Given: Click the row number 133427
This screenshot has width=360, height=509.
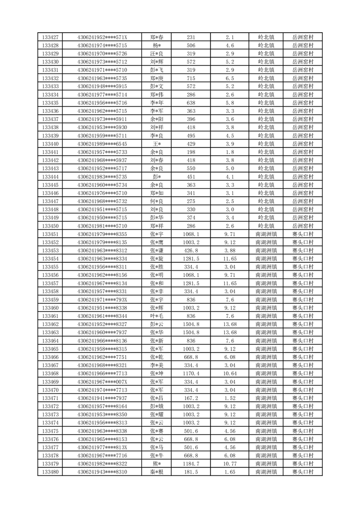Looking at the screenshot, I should pos(50,37).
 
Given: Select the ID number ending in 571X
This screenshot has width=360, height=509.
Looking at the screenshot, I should pos(102,37).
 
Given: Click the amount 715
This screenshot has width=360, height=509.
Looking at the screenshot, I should pos(191,78).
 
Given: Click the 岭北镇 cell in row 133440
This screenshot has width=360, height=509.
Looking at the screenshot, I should pos(266,144).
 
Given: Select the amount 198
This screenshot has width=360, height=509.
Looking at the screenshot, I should pos(191,152).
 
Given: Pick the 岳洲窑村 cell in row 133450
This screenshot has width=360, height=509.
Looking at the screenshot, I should pos(303,226).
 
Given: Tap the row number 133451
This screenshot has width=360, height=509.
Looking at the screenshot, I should pos(50,234).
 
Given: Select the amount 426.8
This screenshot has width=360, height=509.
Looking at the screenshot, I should pos(191,250).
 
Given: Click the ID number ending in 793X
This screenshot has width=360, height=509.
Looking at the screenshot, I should pos(102,300).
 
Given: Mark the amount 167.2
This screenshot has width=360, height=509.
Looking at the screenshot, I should pos(191,398).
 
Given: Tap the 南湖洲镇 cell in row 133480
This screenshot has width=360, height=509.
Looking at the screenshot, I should pos(266,472).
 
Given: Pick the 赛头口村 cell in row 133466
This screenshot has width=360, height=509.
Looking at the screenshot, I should pos(303,357).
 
